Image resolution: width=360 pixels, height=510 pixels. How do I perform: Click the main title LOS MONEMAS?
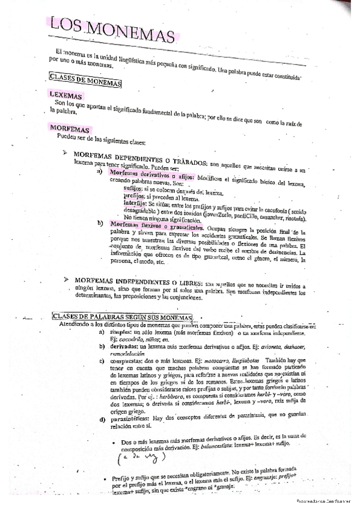point(114,28)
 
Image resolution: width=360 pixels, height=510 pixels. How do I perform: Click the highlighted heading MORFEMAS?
point(70,129)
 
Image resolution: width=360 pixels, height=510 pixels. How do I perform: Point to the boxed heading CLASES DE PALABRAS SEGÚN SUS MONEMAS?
point(123,316)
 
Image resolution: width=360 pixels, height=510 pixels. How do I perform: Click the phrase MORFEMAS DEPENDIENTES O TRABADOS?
point(140,155)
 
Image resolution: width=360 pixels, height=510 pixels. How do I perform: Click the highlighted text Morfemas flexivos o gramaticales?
point(157,224)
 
